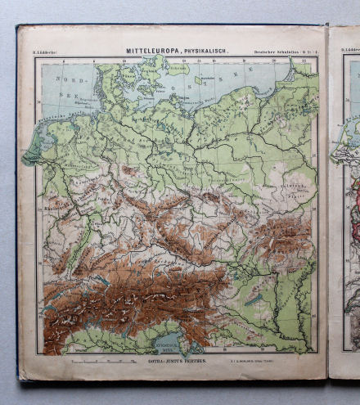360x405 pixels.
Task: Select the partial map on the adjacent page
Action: pyautogui.click(x=346, y=205)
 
